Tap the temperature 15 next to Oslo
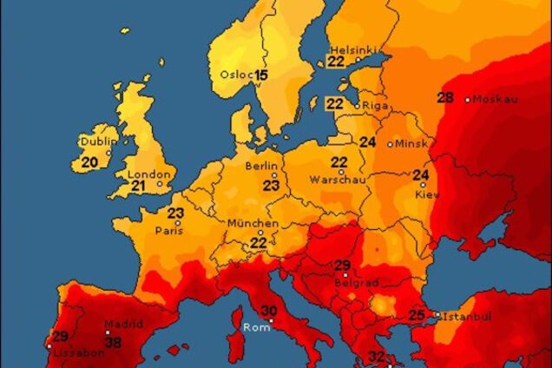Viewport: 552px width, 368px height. (x=261, y=76)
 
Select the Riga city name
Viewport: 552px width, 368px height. (x=376, y=105)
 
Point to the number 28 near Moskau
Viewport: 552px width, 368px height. (x=445, y=98)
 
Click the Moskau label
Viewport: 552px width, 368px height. (x=496, y=99)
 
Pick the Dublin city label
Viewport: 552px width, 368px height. (x=99, y=141)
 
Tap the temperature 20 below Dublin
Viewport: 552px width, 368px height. (x=89, y=161)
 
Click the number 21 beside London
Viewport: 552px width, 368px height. (x=138, y=185)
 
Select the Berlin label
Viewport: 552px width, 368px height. (x=261, y=166)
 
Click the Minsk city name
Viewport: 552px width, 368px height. (x=411, y=144)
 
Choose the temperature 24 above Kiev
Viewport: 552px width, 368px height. (x=421, y=175)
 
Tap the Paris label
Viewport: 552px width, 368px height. (x=169, y=231)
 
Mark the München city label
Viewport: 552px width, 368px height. (x=253, y=224)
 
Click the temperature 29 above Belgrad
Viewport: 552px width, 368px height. (x=342, y=266)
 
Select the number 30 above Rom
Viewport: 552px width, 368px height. (x=269, y=311)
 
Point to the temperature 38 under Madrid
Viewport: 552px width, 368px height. (x=113, y=342)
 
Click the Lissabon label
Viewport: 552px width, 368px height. (x=73, y=354)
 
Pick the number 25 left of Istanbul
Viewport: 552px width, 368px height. (x=417, y=315)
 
